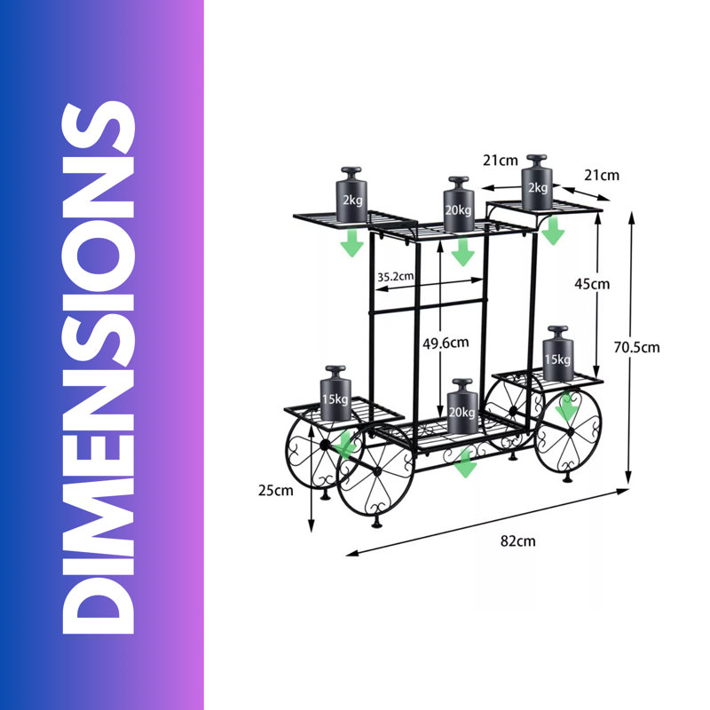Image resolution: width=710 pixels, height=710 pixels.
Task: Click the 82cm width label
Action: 517,541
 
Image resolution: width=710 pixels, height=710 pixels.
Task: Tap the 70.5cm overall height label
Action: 636,347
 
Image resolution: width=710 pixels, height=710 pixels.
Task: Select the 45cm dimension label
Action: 592,284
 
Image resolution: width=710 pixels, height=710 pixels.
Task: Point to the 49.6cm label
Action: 446,343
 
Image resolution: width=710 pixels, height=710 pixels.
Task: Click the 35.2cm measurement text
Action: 395,276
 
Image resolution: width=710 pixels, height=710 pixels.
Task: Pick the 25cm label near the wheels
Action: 276,491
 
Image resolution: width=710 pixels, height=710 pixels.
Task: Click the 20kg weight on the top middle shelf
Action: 459,204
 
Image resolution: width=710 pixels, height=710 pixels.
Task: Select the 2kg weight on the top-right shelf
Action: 537,182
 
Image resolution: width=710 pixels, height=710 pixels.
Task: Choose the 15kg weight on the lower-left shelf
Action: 335,393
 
